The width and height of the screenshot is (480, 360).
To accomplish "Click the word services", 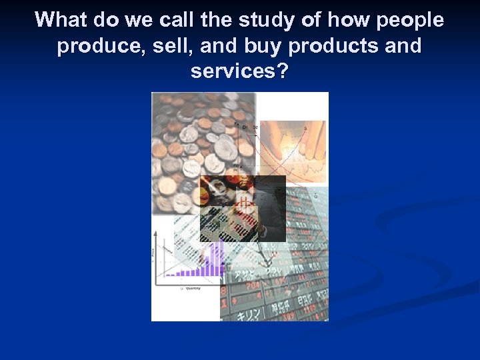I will pos(233,71).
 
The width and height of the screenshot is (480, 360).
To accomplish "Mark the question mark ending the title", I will pos(283,71).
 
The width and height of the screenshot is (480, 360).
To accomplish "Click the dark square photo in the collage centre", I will pos(243,208).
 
